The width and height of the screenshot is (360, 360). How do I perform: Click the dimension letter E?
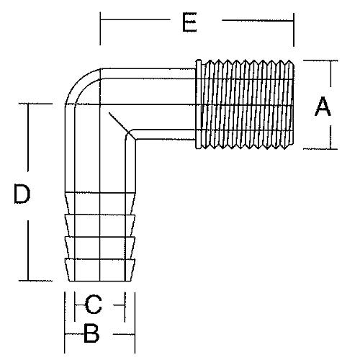point(189,22)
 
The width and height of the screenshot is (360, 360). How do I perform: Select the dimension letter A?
point(323,107)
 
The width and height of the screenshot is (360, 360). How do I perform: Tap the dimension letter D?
point(22,194)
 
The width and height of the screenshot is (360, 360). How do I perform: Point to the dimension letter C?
point(94,305)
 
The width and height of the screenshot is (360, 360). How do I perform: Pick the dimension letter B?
point(91,333)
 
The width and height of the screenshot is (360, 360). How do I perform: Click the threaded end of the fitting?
point(247,104)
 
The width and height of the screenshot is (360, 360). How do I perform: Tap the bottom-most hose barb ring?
point(100,269)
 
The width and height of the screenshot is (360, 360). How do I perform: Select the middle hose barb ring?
point(100,247)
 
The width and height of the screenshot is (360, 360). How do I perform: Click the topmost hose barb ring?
point(100,225)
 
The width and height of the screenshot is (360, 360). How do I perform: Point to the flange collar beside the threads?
point(199,104)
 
